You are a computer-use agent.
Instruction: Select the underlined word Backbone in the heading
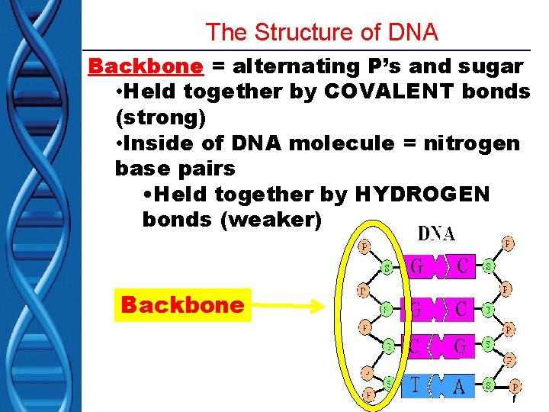pos(146,66)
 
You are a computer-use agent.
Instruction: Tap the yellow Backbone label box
pos(182,305)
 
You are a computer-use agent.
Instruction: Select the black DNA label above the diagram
pos(436,233)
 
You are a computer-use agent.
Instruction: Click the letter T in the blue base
pos(415,385)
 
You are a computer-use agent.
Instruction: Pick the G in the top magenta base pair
pos(417,268)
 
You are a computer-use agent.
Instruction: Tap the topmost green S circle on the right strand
pos(487,268)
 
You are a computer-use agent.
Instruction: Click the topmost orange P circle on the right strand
pos(508,244)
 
